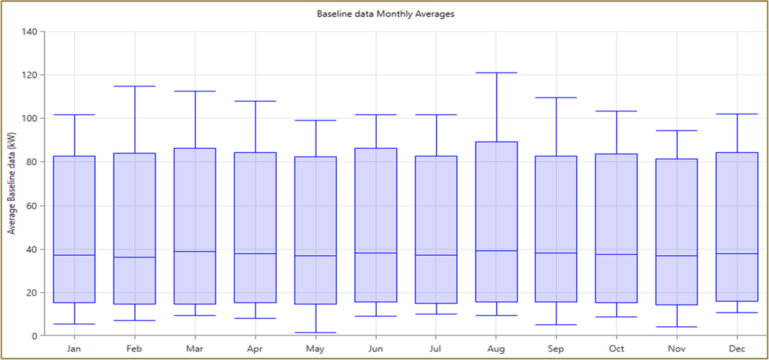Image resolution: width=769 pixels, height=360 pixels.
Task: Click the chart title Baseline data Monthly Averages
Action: pos(385,14)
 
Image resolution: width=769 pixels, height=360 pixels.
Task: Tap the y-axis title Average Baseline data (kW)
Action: pos(12,183)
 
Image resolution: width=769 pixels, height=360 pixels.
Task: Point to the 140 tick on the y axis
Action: pos(30,32)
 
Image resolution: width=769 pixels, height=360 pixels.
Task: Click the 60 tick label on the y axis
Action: pos(31,206)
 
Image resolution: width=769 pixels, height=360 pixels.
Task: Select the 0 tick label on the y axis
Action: pos(34,336)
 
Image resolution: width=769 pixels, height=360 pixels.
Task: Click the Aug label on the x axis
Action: pos(496,349)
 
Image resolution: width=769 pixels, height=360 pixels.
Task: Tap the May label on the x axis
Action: pos(315,349)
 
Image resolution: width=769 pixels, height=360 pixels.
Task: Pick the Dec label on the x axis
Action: pos(737,349)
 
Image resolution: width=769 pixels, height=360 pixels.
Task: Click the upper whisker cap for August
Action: pos(496,73)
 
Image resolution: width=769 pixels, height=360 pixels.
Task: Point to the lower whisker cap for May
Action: pos(315,333)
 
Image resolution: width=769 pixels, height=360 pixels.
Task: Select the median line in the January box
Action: pos(74,255)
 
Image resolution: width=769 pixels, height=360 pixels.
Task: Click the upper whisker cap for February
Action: pos(134,86)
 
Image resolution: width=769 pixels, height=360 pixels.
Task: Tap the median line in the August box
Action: pos(496,251)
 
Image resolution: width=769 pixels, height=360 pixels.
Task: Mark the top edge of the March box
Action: pos(195,149)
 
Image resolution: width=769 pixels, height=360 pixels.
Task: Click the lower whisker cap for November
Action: pos(676,327)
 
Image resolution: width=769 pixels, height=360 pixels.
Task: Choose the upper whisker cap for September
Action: pos(556,98)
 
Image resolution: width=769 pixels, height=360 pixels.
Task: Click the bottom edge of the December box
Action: pos(737,301)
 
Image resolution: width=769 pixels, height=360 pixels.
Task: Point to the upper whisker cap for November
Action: pos(676,131)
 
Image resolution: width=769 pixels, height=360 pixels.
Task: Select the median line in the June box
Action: pos(376,253)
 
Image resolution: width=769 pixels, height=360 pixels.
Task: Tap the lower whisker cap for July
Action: pos(436,314)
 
